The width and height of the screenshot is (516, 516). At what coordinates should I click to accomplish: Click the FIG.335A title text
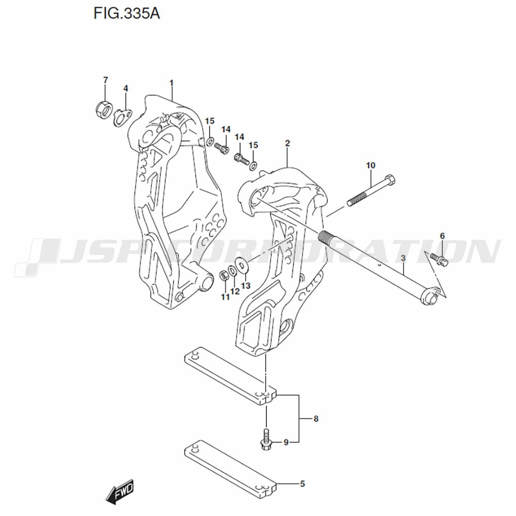pos(127,14)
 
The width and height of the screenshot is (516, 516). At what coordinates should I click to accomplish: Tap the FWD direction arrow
pos(120,492)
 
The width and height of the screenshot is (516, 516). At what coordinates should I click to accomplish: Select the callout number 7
pos(105,80)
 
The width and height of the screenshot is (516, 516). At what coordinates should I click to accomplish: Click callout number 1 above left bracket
pos(171,83)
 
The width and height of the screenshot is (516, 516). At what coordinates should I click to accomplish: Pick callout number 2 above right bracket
pos(287,143)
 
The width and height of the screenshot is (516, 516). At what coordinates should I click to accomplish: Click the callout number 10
pos(370,165)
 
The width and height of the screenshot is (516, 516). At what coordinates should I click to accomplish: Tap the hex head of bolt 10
pos(390,180)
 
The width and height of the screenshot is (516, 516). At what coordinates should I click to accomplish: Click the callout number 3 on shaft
pos(404,259)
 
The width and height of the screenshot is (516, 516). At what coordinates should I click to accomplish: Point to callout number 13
pos(246,285)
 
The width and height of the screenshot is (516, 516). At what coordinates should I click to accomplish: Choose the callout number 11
pos(225,297)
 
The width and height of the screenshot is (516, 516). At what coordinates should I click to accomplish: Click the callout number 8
pos(316,418)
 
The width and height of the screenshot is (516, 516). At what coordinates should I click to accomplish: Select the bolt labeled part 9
pos(266,440)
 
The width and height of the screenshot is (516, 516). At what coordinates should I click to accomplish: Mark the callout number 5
pos(302,484)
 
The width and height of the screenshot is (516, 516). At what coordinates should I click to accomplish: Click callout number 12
pos(235,291)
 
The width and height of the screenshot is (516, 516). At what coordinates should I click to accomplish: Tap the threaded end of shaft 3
pos(325,236)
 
